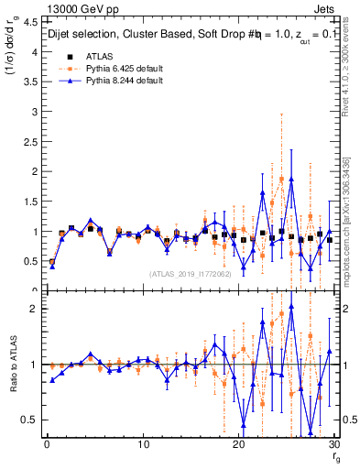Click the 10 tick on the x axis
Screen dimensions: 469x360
(x=143, y=444)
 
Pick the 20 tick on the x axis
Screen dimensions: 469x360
(x=238, y=444)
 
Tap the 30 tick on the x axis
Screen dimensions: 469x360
(x=333, y=444)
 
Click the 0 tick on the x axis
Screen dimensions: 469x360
(x=47, y=444)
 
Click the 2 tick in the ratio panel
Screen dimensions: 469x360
(x=34, y=309)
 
